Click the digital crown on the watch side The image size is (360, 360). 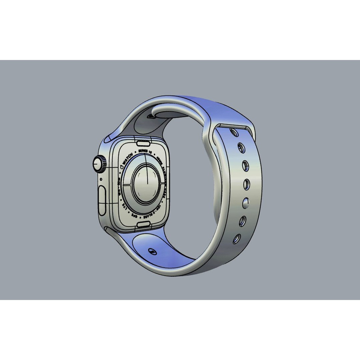click(99, 164)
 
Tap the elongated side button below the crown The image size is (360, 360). click(102, 200)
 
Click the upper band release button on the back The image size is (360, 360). click(143, 143)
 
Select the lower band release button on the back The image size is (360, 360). click(143, 224)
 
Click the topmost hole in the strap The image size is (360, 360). click(235, 133)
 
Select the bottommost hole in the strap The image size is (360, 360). click(237, 239)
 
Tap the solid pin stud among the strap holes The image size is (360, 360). click(246, 202)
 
